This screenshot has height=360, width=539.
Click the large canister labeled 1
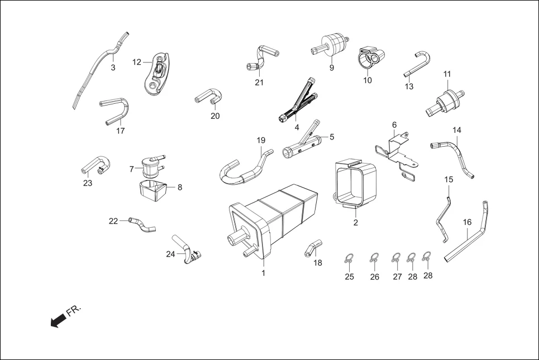(274, 220)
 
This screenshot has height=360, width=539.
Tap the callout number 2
(355, 222)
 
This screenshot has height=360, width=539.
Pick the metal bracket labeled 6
(397, 153)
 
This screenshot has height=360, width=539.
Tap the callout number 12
(137, 62)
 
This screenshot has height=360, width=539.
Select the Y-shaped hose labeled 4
(299, 100)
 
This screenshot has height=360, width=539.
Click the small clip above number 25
(349, 258)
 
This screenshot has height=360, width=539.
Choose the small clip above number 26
(374, 258)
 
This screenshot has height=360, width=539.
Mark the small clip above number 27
(397, 258)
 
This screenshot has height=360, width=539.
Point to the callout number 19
(261, 140)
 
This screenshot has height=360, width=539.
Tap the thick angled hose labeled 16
(466, 237)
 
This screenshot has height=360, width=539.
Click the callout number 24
(170, 254)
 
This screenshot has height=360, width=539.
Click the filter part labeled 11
(447, 103)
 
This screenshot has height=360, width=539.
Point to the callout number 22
(113, 221)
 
